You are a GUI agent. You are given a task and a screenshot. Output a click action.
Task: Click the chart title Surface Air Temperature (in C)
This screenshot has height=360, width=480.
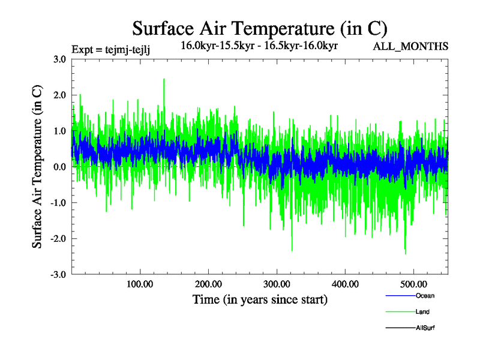[x=260, y=28]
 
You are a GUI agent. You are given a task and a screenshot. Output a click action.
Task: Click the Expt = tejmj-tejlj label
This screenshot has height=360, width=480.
[x=110, y=49]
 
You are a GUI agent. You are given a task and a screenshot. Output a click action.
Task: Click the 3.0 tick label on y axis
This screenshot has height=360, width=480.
[x=59, y=59]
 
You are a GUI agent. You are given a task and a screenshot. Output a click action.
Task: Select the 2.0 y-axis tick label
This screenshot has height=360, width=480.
[x=59, y=95]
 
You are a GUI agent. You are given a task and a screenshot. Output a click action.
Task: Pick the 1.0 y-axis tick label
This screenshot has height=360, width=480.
[x=59, y=131]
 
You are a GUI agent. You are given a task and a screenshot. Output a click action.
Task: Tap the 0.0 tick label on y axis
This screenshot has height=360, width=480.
[x=59, y=167]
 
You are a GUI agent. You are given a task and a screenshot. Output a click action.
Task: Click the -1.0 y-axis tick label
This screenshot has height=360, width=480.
[x=58, y=203]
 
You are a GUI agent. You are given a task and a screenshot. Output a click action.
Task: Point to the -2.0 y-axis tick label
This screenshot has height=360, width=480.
[x=58, y=239]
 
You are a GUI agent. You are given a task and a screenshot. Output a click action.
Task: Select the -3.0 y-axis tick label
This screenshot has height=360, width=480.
[x=58, y=275]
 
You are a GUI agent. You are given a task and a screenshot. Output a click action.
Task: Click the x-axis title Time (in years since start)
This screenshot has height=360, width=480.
[x=260, y=299]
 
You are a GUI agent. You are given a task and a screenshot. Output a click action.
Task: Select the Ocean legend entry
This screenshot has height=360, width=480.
[x=425, y=296]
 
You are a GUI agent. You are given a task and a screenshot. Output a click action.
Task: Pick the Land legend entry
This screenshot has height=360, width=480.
[x=422, y=312]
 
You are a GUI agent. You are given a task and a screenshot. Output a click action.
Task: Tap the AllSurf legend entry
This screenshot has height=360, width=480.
[x=425, y=328]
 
